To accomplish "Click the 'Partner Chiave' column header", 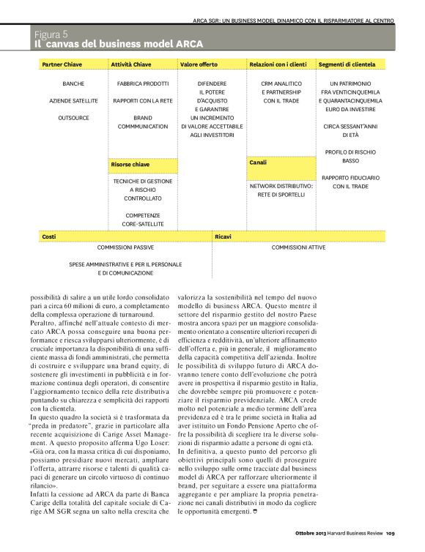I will (x=62, y=65).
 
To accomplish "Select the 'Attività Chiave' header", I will (x=131, y=65).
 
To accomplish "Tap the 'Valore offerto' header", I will (x=199, y=65).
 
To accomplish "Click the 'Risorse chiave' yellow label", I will (x=130, y=165).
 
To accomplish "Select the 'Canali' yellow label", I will (x=258, y=162).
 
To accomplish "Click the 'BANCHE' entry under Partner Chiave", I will (x=73, y=84).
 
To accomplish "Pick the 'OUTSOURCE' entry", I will (x=73, y=118).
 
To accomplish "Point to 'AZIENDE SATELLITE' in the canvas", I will (x=73, y=101).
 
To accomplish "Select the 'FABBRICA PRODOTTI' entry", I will (x=143, y=84).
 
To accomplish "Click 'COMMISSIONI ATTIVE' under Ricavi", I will (x=299, y=247).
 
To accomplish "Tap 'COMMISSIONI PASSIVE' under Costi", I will (x=125, y=247).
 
